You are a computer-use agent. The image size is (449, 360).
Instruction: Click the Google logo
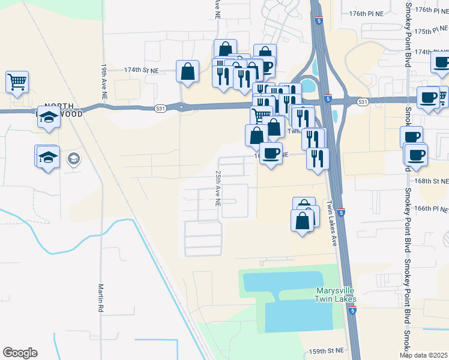(20, 353)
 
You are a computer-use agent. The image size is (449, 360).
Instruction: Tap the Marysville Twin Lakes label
(336, 295)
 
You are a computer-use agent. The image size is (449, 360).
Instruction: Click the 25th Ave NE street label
(217, 188)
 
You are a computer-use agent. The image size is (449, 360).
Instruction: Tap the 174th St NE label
(141, 70)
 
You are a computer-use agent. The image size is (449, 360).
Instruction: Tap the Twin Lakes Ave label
(331, 222)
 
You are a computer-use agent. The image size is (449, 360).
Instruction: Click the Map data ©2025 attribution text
(423, 355)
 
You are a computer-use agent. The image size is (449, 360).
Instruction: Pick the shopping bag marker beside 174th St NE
(188, 71)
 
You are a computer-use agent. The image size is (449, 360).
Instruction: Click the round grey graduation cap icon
(74, 159)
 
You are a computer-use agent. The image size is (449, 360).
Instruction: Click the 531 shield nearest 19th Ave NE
(181, 107)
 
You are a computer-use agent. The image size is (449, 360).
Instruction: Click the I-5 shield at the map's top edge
(318, 21)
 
